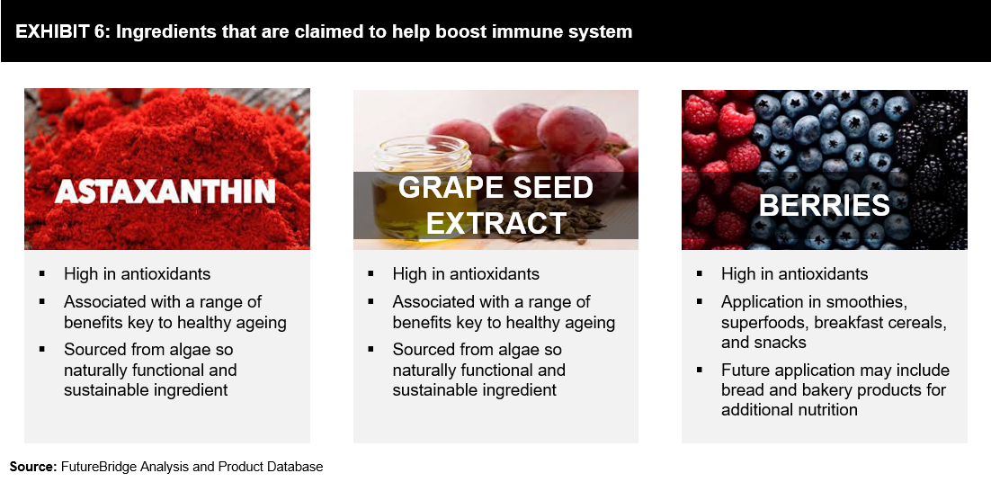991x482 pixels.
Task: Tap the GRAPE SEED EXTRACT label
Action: tap(495, 205)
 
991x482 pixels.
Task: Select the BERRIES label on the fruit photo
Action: tap(824, 205)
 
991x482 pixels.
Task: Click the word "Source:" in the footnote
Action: tap(33, 467)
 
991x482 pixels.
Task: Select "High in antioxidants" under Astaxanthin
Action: tap(138, 273)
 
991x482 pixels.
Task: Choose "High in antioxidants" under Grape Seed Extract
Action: tap(466, 273)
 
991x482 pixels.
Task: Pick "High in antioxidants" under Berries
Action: tap(794, 273)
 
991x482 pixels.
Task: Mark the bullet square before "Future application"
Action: tap(700, 369)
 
